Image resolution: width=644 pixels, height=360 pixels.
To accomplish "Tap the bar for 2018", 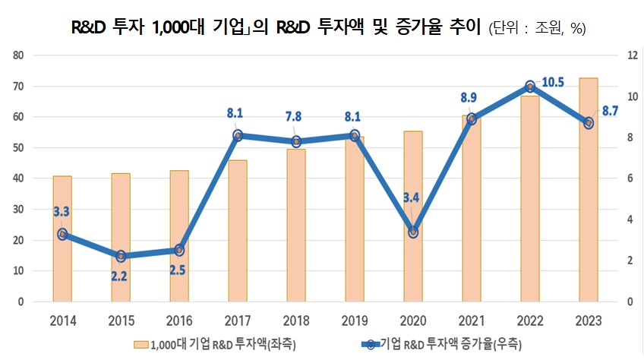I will coord(296,228).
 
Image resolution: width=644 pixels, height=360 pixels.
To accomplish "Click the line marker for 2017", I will coord(238,136).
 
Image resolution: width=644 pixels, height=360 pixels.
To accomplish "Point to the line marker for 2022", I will coord(530,87).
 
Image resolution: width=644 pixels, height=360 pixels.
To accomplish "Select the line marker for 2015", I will coord(121,256).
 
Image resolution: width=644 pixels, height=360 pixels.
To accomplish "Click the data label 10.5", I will coord(554,82).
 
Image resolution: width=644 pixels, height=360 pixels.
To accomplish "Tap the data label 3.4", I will coord(412,199).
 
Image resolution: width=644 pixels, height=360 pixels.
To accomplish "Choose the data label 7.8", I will coord(296,116).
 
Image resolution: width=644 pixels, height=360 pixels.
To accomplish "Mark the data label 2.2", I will coord(119,276).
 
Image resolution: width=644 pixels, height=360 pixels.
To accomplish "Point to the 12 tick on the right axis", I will coord(628,55).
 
